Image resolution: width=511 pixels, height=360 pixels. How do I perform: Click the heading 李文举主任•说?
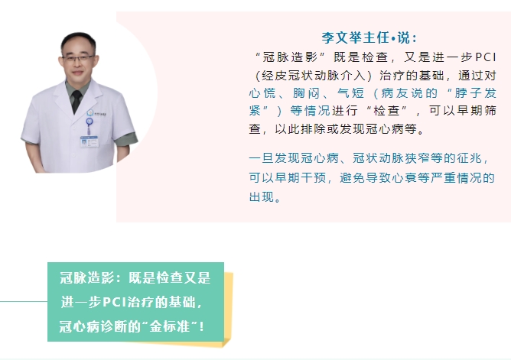point(369,37)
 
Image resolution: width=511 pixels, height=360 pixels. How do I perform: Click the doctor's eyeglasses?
point(78,59)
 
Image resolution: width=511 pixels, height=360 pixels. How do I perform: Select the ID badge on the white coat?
point(90,141)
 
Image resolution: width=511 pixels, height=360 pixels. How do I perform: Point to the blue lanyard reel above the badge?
point(89,122)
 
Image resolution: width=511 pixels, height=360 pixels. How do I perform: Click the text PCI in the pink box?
point(486,57)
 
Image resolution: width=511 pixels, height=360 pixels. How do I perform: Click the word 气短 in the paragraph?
point(350,93)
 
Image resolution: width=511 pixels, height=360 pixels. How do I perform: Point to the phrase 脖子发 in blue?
point(476,93)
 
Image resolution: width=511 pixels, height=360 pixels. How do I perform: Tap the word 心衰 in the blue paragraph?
point(404,178)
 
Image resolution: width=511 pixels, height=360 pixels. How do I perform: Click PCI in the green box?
point(115,303)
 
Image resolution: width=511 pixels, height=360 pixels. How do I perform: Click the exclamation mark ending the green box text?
point(202,326)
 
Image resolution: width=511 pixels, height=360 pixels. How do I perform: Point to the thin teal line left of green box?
point(24,301)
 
